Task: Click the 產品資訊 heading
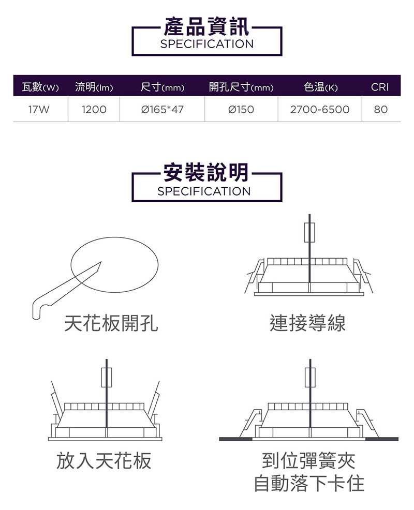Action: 206,27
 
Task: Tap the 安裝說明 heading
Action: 206,172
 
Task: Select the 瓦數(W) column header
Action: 40,87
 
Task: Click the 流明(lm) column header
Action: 94,87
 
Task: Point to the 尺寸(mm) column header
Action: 162,87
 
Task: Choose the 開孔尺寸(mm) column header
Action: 241,87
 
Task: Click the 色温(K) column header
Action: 320,87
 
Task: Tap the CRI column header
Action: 380,87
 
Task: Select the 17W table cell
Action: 39,110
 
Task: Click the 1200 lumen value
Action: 94,110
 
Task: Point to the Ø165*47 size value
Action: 162,110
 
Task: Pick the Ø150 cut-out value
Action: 241,110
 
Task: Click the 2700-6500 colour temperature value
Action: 320,110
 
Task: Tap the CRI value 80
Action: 381,110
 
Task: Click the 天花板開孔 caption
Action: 111,323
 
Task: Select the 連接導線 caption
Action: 307,323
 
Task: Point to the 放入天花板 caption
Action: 104,461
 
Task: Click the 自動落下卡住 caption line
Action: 309,483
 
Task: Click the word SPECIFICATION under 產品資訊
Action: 207,44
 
